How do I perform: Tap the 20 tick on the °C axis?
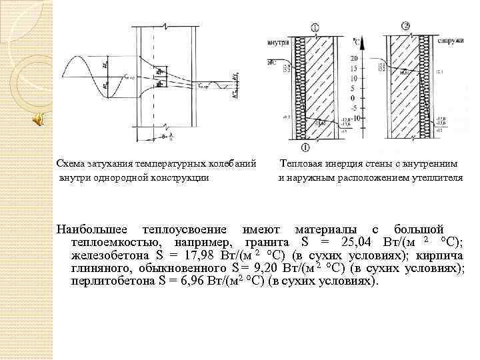click(x=354, y=59)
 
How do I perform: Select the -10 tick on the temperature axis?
click(x=354, y=117)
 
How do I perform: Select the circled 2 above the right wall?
click(x=405, y=27)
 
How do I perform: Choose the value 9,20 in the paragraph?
click(x=265, y=269)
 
